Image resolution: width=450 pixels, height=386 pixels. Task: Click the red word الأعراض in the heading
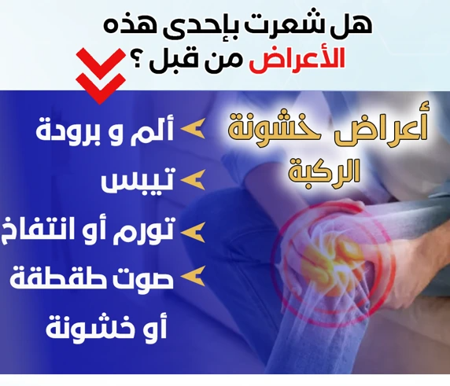tap(297, 61)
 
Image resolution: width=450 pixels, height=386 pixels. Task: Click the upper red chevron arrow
tap(101, 64)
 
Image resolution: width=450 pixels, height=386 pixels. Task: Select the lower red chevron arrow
tap(101, 88)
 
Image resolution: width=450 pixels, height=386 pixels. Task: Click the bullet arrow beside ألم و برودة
tap(193, 128)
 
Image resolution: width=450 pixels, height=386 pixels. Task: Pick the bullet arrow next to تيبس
tap(193, 179)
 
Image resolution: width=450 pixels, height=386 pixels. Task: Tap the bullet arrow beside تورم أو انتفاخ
tap(193, 232)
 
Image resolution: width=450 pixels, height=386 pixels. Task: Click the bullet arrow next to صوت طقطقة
tap(193, 276)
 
